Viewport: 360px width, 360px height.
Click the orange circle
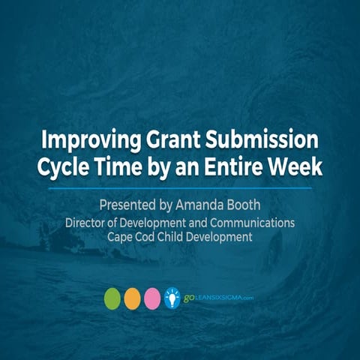[x=133, y=297]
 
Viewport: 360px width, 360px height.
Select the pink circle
[x=153, y=297]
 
